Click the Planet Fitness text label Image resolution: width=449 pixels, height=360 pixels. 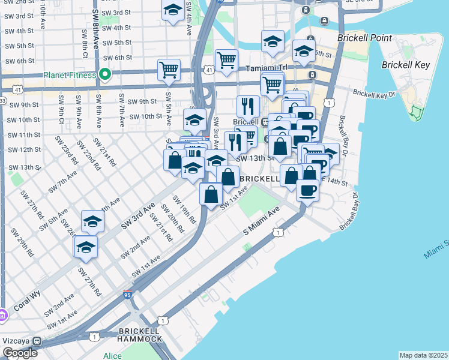click(70, 76)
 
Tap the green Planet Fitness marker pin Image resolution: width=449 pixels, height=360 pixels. click(105, 75)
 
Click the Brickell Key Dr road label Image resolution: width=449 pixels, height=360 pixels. click(375, 94)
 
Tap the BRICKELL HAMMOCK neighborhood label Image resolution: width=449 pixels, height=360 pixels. click(140, 335)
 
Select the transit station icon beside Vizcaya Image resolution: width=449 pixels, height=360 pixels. click(37, 341)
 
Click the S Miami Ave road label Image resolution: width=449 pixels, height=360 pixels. click(262, 222)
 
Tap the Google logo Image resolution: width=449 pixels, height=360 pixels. click(19, 353)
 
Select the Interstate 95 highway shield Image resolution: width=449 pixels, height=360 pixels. click(127, 295)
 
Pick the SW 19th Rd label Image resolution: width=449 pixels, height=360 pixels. click(184, 209)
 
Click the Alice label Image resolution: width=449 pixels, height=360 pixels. click(112, 356)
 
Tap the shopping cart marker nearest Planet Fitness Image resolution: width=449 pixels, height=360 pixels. click(169, 70)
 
